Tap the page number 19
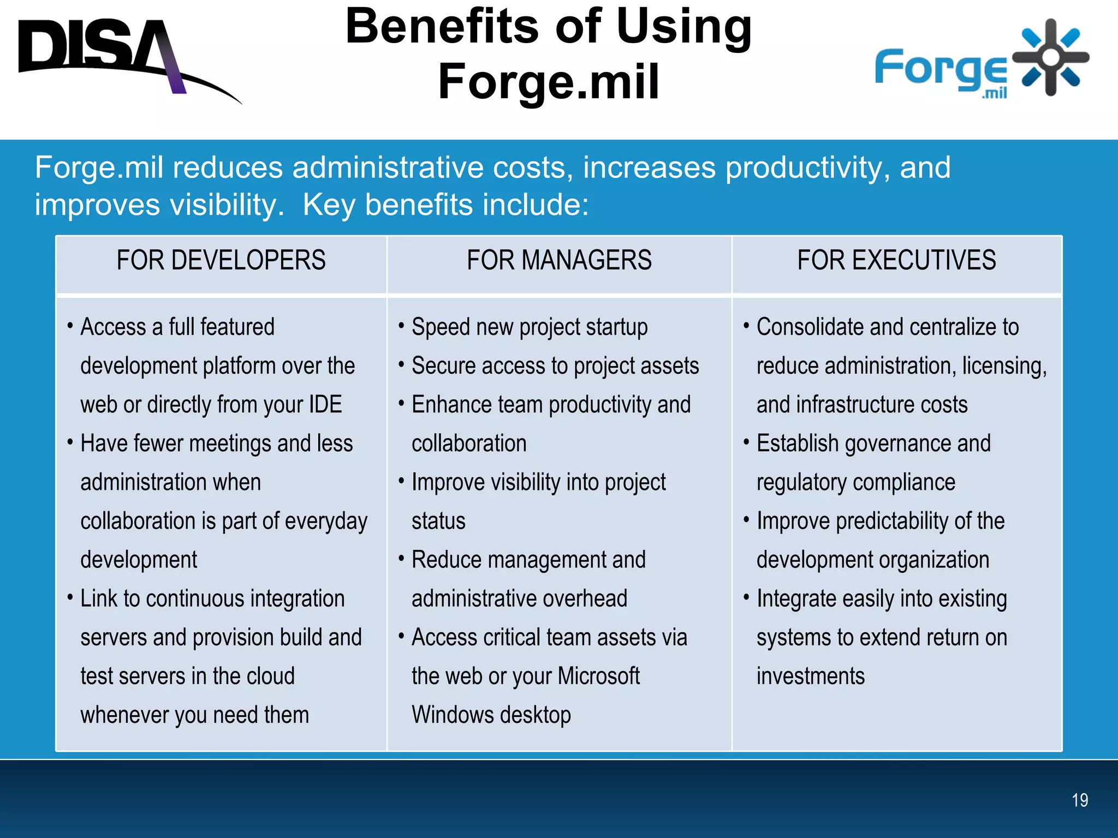(1079, 800)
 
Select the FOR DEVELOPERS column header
(221, 260)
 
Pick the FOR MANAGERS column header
(559, 260)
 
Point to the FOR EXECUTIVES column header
(896, 260)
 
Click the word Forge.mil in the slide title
(549, 82)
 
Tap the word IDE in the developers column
(325, 405)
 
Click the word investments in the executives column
(811, 677)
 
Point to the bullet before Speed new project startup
(401, 326)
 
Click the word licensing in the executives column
(1004, 366)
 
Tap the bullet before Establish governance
(746, 442)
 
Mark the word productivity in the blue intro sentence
(802, 167)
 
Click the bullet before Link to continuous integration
(70, 597)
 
